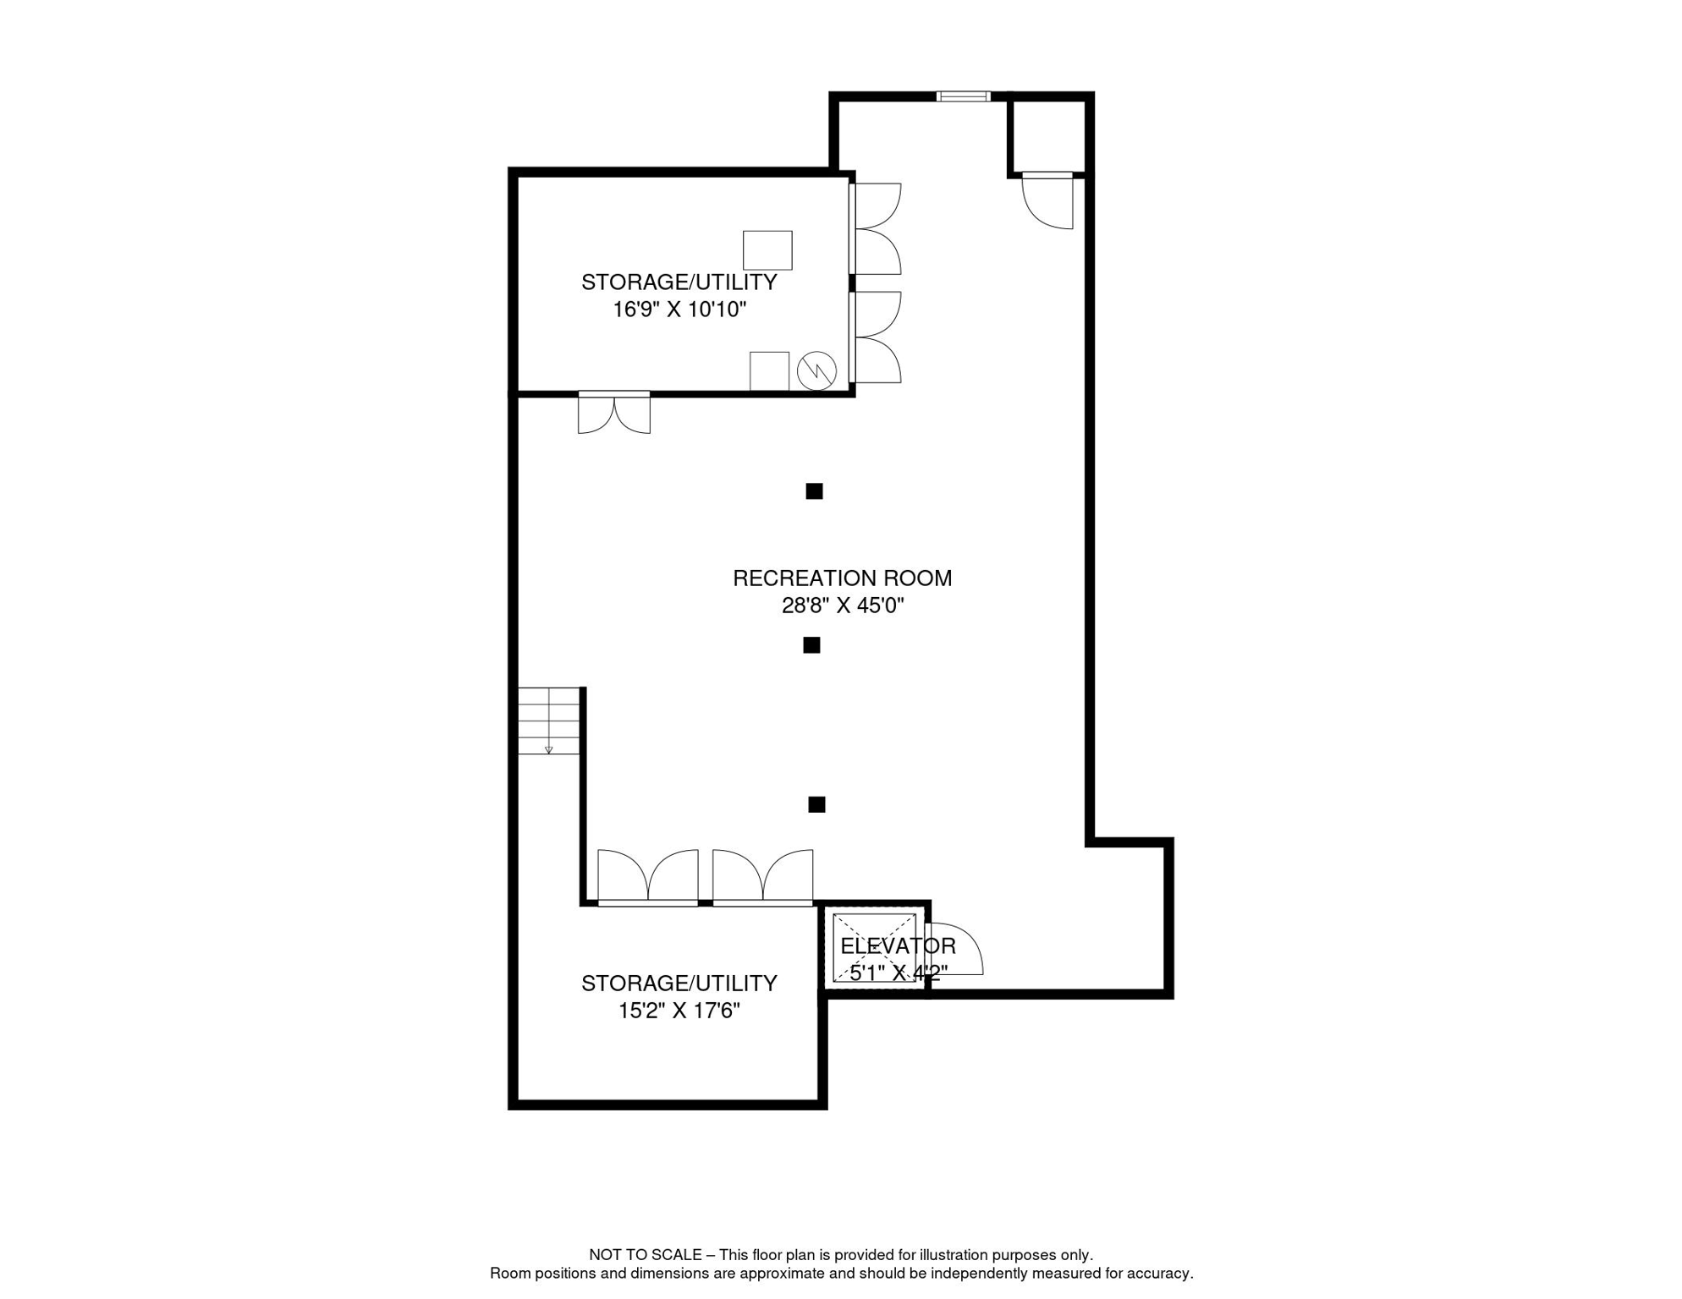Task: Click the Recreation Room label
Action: tap(842, 578)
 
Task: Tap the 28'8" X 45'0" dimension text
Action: tap(843, 606)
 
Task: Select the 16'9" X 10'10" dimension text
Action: tap(679, 310)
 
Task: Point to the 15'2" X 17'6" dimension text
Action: tap(679, 1011)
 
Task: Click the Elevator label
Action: tap(898, 945)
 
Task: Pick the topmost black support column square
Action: tap(814, 491)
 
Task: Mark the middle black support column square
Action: tap(811, 645)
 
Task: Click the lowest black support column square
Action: tap(816, 804)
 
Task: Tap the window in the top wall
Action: tap(963, 96)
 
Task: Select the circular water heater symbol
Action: tap(816, 370)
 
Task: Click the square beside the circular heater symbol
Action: tap(769, 371)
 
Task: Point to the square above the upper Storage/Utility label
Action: tap(767, 250)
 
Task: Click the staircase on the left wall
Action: tap(549, 721)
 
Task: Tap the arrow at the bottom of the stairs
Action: tap(549, 749)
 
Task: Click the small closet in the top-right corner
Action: tap(1047, 136)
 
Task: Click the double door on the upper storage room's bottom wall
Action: tap(614, 413)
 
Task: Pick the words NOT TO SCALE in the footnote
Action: tap(646, 1255)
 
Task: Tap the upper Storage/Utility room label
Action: tap(679, 282)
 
